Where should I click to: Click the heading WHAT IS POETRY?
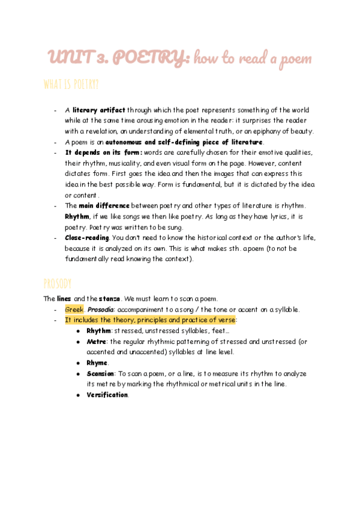71,84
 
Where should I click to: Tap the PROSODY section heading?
58,283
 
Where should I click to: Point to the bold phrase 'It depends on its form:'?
104,152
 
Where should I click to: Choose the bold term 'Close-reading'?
86,238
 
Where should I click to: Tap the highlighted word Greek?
74,309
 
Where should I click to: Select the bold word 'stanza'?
109,298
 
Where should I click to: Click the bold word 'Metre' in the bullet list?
96,342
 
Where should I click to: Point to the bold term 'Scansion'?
100,373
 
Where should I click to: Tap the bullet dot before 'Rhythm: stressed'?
79,331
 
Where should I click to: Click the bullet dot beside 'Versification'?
79,395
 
